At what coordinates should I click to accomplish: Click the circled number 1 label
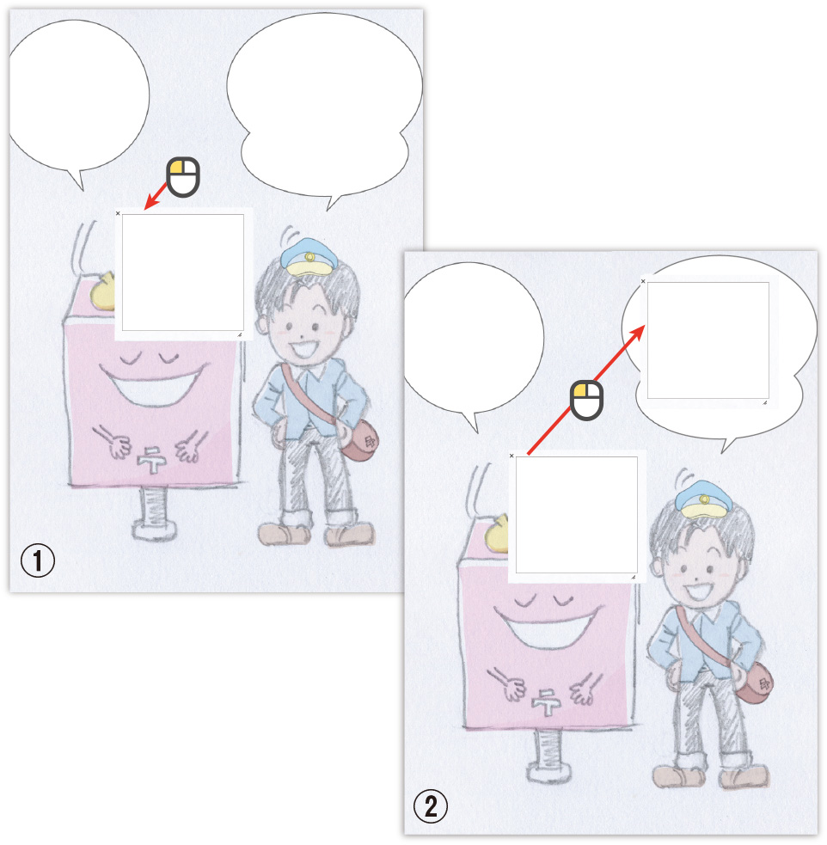pyautogui.click(x=37, y=560)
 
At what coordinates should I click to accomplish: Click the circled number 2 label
pyautogui.click(x=430, y=806)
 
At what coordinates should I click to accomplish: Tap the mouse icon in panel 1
pyautogui.click(x=183, y=177)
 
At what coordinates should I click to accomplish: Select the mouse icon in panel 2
pyautogui.click(x=586, y=401)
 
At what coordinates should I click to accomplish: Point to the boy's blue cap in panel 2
pyautogui.click(x=702, y=499)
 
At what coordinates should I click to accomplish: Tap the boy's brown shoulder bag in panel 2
pyautogui.click(x=754, y=683)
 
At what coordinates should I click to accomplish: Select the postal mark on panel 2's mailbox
pyautogui.click(x=546, y=702)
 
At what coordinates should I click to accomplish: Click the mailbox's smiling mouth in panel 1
pyautogui.click(x=154, y=383)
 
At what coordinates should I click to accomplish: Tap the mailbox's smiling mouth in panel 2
pyautogui.click(x=548, y=627)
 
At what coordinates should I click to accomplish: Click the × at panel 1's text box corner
pyautogui.click(x=118, y=213)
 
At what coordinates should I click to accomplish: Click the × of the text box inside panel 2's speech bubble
pyautogui.click(x=643, y=281)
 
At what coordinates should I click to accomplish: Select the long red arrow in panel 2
pyautogui.click(x=586, y=389)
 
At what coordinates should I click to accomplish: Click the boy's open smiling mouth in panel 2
pyautogui.click(x=699, y=591)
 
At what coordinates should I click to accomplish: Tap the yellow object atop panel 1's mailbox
pyautogui.click(x=103, y=291)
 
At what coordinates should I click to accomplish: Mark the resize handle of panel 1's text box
pyautogui.click(x=240, y=334)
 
